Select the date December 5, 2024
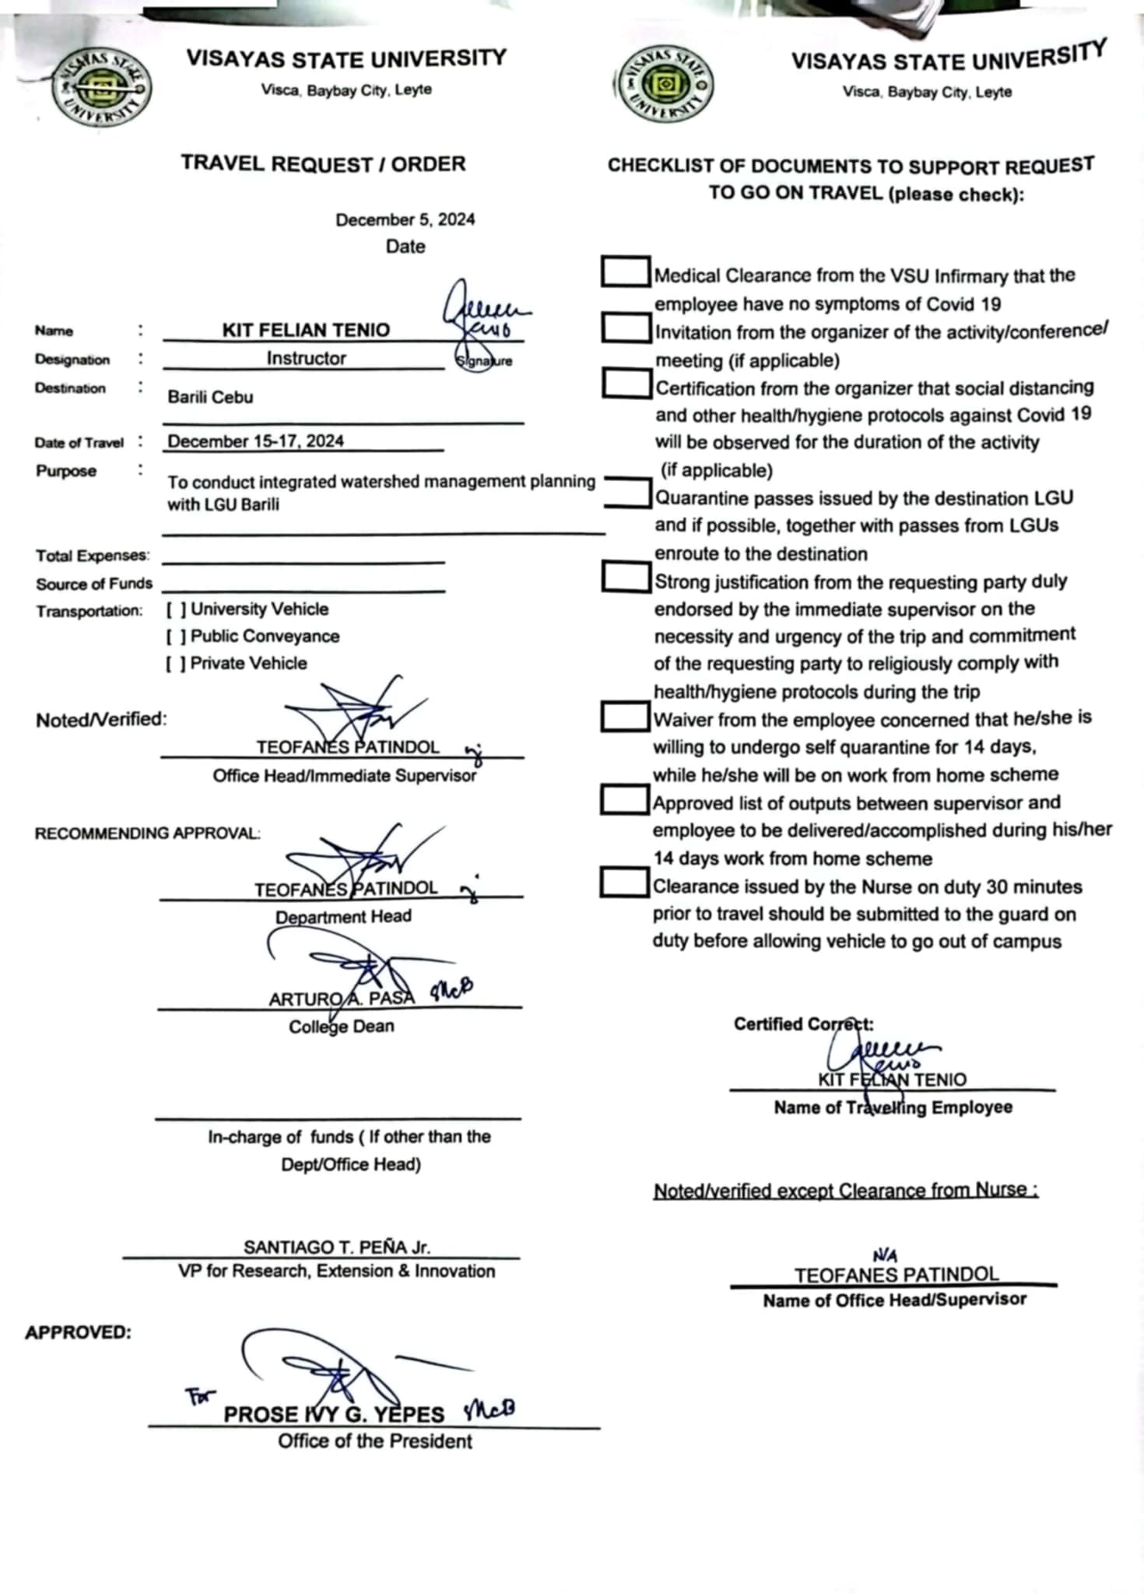tap(405, 219)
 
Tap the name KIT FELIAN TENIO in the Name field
tap(306, 330)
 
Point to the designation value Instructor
tap(306, 358)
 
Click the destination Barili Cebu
tap(210, 397)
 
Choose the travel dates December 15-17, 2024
tap(255, 441)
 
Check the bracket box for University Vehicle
tap(176, 609)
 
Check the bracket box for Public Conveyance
tap(176, 637)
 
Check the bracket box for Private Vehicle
tap(176, 664)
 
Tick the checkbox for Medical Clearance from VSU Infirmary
tap(626, 272)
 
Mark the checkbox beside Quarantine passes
tap(627, 493)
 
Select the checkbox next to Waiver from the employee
tap(625, 717)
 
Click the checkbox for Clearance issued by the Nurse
tap(624, 883)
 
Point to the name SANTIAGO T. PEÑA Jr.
tap(336, 1247)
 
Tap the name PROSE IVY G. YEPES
tap(334, 1414)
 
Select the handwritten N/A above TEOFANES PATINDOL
tap(885, 1255)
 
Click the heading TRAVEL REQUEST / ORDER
tap(323, 164)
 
